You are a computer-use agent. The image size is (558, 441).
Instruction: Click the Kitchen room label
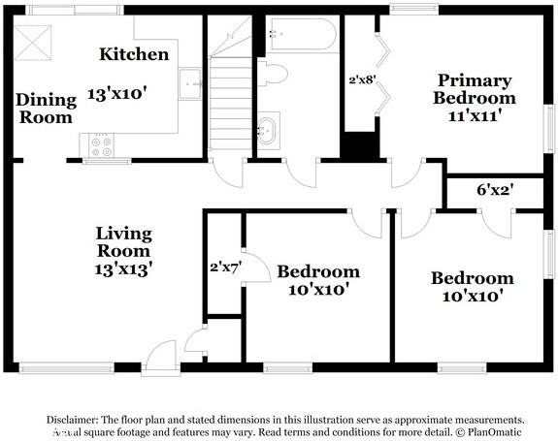pos(134,54)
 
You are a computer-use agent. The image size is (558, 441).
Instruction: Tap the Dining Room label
pos(45,109)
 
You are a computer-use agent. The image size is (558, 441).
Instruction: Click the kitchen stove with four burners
pos(101,145)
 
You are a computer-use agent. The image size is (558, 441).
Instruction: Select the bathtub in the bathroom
pos(302,36)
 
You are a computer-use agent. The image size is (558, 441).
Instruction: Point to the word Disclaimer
pos(72,420)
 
